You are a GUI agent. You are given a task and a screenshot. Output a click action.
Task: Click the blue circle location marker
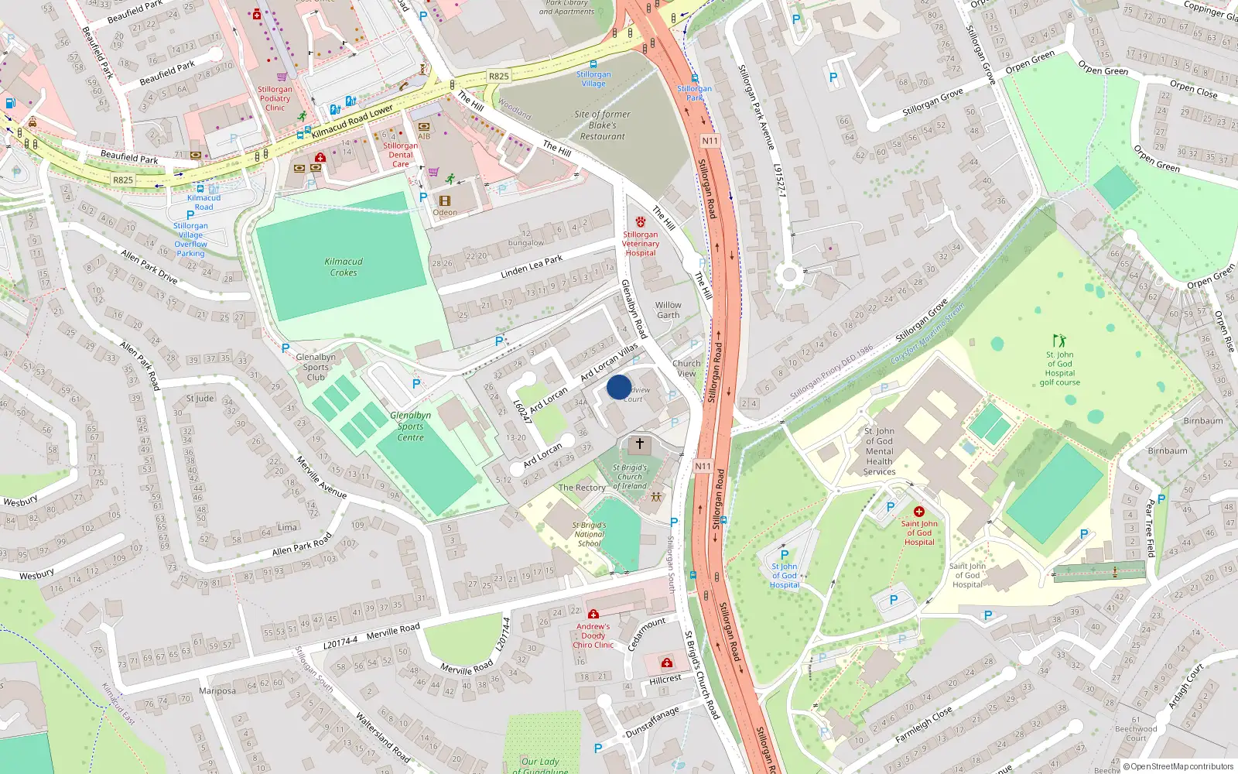point(619,387)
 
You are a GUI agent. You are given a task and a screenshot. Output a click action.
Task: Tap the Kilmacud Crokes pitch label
point(344,267)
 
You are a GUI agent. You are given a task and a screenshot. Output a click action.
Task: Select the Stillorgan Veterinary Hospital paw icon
point(641,222)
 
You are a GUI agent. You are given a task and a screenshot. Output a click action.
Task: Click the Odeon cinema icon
point(445,201)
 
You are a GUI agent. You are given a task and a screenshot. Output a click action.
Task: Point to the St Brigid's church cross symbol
point(639,444)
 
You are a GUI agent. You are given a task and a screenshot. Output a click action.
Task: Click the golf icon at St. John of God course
point(1059,341)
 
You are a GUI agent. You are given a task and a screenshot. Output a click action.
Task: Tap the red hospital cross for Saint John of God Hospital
point(919,512)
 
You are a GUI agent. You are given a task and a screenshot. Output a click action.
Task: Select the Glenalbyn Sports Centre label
point(410,426)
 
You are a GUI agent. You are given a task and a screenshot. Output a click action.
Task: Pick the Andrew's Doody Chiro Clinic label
point(593,635)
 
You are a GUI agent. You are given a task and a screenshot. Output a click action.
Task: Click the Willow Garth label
point(668,310)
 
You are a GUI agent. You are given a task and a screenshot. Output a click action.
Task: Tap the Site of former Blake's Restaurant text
point(602,125)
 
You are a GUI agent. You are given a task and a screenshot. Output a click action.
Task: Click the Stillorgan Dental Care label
point(400,155)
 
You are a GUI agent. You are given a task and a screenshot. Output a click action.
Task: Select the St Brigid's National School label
point(589,534)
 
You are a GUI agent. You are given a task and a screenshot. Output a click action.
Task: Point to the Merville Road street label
point(393,632)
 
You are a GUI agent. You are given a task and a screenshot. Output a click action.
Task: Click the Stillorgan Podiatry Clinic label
point(275,98)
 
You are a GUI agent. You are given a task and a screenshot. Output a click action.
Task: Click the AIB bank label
point(424,136)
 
